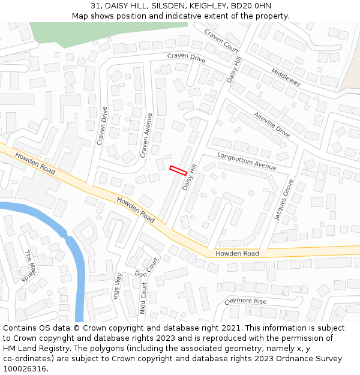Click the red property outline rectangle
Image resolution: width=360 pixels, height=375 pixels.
click(177, 170)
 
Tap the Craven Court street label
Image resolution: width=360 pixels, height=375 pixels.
click(221, 40)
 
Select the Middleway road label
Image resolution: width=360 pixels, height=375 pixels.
click(286, 76)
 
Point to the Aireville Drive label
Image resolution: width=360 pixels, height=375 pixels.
click(272, 125)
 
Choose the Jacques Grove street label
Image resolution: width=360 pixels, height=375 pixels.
click(285, 200)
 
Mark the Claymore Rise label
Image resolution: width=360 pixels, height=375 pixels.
click(245, 301)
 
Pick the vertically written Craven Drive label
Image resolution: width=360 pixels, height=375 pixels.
click(103, 126)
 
